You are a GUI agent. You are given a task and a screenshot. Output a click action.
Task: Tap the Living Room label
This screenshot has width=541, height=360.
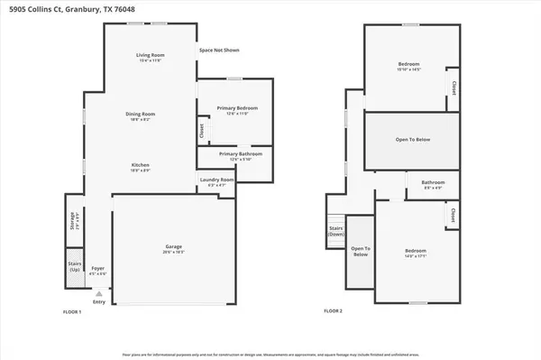pyautogui.click(x=149, y=56)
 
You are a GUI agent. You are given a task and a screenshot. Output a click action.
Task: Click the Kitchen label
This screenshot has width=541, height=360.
pyautogui.click(x=140, y=165)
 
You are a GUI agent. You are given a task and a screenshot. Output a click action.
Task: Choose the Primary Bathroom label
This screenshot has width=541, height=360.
pyautogui.click(x=233, y=154)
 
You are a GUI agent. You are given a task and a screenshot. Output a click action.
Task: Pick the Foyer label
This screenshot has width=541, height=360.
pyautogui.click(x=97, y=268)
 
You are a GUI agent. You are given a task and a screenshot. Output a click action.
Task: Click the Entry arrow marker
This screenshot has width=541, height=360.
pyautogui.click(x=98, y=293)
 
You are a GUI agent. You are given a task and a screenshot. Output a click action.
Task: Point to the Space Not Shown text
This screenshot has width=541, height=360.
pyautogui.click(x=219, y=51)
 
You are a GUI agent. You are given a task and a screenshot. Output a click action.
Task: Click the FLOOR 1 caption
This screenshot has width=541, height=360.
pyautogui.click(x=72, y=311)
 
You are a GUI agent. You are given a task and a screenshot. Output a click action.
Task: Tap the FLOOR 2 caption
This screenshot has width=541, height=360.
pyautogui.click(x=334, y=311)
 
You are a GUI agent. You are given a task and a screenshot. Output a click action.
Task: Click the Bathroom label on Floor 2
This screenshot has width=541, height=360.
pyautogui.click(x=432, y=183)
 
